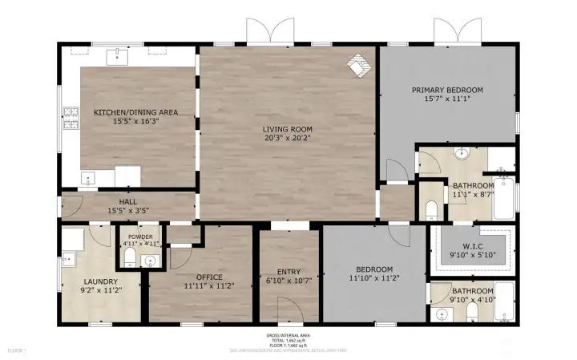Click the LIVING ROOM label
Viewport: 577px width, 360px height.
click(x=288, y=128)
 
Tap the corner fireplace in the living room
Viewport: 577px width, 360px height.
click(x=360, y=67)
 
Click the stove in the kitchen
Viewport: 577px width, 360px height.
click(x=69, y=122)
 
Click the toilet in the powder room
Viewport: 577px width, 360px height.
click(x=129, y=257)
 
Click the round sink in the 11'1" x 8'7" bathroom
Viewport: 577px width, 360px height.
click(x=462, y=154)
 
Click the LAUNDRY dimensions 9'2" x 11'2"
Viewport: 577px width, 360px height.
click(x=100, y=290)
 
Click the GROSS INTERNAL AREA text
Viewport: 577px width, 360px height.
click(x=288, y=336)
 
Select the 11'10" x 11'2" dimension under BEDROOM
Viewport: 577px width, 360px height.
click(x=373, y=278)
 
